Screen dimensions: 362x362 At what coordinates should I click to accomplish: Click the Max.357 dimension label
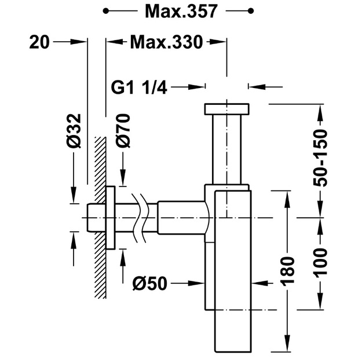click(x=181, y=12)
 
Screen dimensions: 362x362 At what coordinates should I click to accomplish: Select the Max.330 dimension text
click(x=166, y=42)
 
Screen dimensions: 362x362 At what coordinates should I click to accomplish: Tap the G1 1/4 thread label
click(x=139, y=87)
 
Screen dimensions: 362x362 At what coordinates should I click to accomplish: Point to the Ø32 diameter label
click(x=74, y=131)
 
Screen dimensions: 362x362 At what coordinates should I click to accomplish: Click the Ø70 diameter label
click(x=123, y=130)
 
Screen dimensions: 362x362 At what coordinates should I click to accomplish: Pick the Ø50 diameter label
click(x=149, y=283)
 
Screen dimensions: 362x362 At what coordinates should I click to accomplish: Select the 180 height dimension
click(x=287, y=270)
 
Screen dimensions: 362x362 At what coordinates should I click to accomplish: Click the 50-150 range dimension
click(x=320, y=158)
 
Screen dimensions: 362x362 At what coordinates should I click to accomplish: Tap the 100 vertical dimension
click(x=320, y=262)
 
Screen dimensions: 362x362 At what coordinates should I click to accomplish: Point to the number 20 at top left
click(x=39, y=42)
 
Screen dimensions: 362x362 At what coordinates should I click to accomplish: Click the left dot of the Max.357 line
click(x=106, y=11)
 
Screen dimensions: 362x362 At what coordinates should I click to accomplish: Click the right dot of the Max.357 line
click(x=251, y=11)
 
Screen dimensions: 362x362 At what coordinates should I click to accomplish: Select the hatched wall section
click(x=100, y=217)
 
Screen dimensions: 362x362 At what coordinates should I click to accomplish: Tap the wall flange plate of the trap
click(x=111, y=218)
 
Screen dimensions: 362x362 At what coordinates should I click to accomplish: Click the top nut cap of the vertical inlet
click(x=226, y=109)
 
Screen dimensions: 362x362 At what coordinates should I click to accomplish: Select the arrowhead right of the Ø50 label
click(x=197, y=283)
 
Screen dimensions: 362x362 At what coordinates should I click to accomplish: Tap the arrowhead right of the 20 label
click(x=78, y=42)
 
